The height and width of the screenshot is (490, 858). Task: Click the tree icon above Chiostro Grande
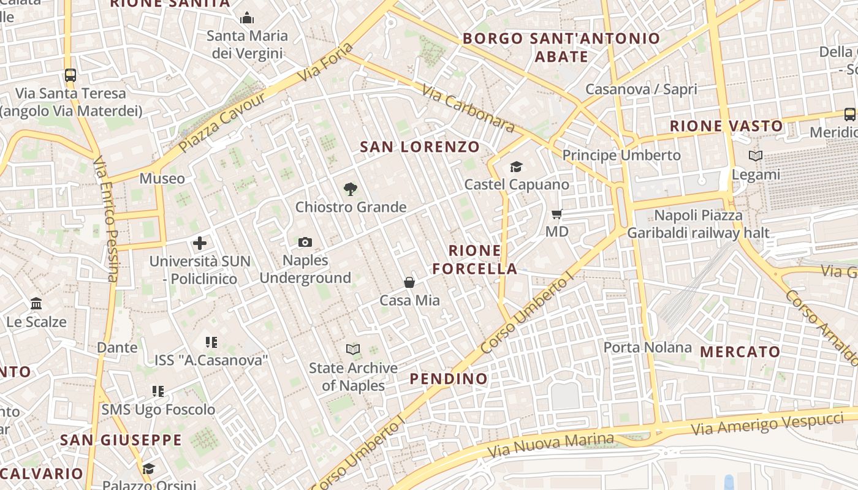[350, 189]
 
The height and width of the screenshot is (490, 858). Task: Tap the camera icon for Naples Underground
[305, 243]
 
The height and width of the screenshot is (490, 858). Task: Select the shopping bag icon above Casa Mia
[409, 282]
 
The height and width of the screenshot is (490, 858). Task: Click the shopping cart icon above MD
[557, 214]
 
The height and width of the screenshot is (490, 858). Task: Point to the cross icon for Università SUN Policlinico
[200, 243]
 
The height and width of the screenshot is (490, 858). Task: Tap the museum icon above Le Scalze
[36, 304]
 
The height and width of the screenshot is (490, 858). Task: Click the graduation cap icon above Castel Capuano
[516, 167]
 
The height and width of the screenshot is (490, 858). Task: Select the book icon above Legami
[756, 156]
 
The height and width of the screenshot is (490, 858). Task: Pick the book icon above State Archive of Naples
[353, 350]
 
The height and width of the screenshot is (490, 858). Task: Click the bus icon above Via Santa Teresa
[70, 75]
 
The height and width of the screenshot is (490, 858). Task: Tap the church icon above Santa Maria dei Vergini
[247, 18]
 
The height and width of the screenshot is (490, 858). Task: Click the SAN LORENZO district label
[419, 147]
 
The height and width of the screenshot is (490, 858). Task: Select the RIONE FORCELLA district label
[475, 260]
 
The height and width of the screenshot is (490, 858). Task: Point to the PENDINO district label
[449, 379]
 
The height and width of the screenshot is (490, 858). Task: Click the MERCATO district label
[740, 352]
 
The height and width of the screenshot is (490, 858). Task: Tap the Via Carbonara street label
[468, 108]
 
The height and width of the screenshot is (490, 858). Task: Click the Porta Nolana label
[647, 348]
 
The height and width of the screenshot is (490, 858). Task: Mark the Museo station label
[162, 178]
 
